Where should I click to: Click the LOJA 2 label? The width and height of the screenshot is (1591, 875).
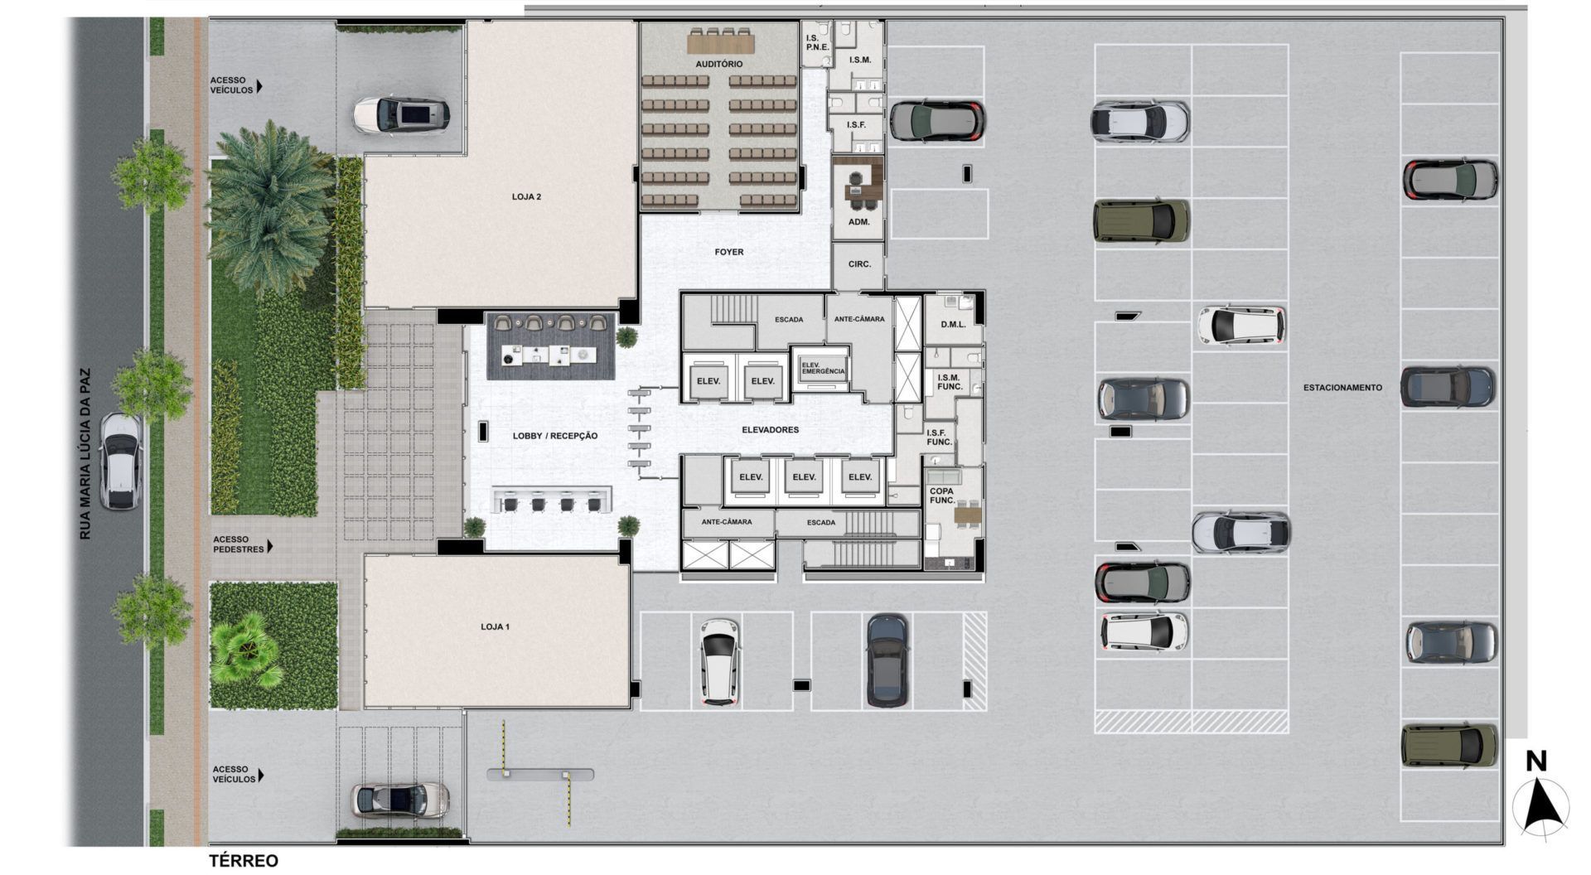pos(526,197)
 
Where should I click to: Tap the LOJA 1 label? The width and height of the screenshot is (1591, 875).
pos(495,626)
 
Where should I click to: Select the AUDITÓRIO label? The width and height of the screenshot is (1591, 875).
pos(718,64)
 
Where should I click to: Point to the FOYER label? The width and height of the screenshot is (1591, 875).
pos(729,252)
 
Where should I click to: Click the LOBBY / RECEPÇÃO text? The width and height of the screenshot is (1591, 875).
pos(554,436)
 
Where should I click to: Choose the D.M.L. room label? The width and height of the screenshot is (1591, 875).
pos(953,325)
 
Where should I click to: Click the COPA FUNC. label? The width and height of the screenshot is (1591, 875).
pos(942,496)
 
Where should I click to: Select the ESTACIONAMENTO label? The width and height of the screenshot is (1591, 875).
pos(1342,387)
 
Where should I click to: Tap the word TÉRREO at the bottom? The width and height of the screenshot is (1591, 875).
pos(244,861)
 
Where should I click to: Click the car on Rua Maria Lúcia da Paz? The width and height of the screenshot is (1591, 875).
pos(119,462)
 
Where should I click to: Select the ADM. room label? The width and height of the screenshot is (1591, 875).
pos(858,223)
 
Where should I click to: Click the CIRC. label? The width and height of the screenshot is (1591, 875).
pos(859,264)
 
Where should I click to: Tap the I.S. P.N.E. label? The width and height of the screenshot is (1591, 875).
pos(817,42)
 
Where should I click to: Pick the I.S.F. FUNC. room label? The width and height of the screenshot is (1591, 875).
pos(939,437)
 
